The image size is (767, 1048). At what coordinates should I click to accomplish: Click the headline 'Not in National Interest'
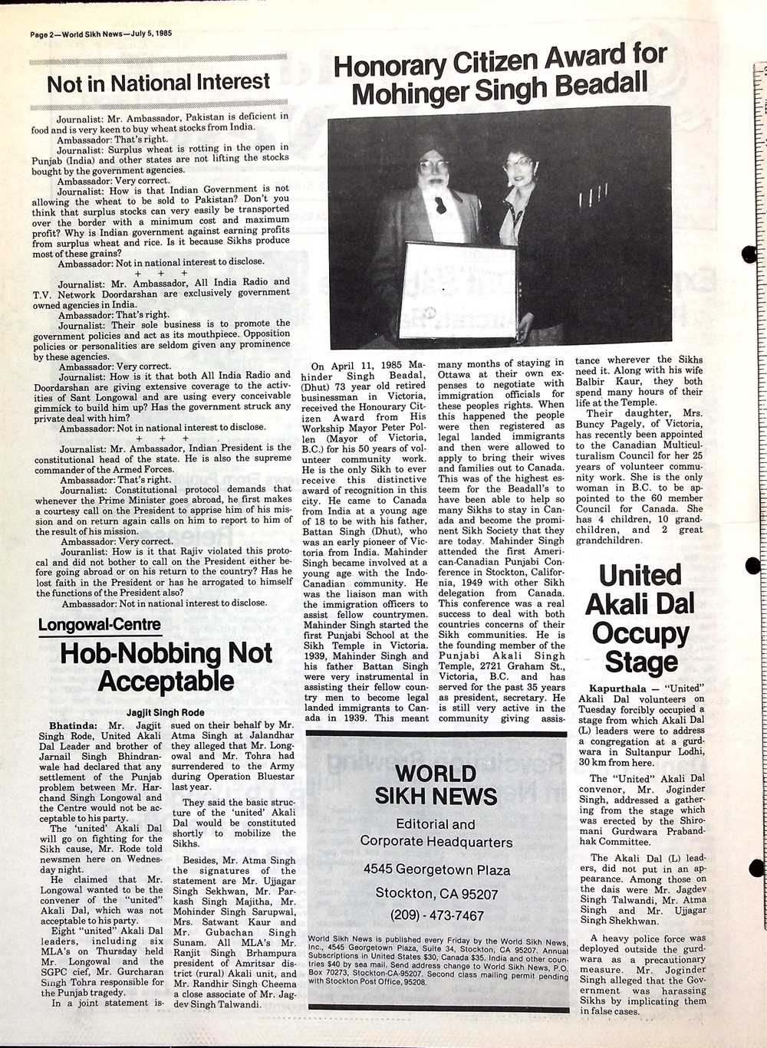coord(158,83)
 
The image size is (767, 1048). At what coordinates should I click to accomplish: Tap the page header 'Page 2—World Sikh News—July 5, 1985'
coord(100,34)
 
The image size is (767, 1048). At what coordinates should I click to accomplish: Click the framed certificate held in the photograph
coord(457,291)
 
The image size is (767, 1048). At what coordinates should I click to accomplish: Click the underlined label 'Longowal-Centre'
coord(100,625)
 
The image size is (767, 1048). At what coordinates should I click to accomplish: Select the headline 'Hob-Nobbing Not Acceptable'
coord(166,666)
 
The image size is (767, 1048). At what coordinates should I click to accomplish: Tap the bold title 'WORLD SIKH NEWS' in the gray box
coord(436,784)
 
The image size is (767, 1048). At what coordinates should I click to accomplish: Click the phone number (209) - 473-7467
coord(436,915)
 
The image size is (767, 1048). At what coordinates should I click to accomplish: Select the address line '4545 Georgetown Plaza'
coord(436,870)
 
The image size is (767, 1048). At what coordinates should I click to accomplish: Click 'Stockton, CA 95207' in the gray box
coord(436,893)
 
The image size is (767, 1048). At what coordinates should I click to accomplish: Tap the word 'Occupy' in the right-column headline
coord(640,633)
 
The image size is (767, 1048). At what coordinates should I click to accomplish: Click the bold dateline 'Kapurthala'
coord(614,689)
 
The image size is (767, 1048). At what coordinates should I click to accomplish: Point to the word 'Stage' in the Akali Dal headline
coord(640,662)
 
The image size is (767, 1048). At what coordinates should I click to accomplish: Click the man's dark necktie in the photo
coord(441,205)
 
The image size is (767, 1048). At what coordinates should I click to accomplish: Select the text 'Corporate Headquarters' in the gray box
coord(436,842)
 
